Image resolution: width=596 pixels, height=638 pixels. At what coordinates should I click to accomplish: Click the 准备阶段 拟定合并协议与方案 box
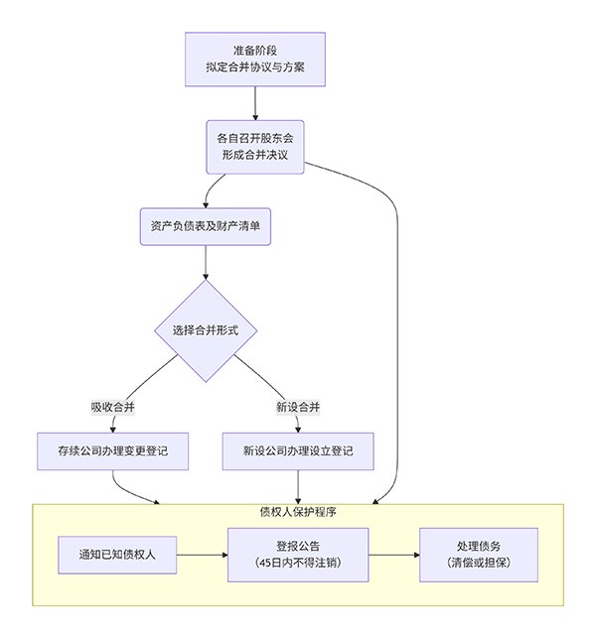(255, 60)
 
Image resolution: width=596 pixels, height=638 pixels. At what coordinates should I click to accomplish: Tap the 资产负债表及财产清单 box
(205, 226)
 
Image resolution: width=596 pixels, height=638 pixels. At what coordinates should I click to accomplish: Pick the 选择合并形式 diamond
(207, 330)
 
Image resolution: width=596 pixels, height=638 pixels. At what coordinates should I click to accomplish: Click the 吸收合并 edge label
(113, 407)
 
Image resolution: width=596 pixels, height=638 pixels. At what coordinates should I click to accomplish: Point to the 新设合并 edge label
(298, 407)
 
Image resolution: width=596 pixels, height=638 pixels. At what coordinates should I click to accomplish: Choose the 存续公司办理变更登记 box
(114, 450)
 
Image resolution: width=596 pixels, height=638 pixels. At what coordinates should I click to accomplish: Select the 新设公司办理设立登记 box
(298, 450)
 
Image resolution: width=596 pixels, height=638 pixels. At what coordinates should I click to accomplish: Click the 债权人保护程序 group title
(298, 513)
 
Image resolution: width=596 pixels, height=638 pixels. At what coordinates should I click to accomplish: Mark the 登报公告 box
(298, 555)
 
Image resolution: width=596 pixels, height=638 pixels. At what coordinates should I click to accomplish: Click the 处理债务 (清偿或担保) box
(479, 555)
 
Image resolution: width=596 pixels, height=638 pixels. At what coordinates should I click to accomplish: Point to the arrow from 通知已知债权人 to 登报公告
(204, 555)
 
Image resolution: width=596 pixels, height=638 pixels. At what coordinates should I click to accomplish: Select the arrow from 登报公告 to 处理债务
(393, 555)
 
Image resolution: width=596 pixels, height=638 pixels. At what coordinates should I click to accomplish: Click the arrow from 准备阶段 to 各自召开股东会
(255, 103)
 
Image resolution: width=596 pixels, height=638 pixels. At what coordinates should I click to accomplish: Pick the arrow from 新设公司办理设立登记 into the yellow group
(298, 486)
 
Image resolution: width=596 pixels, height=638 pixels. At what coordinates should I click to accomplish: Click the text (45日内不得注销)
(298, 565)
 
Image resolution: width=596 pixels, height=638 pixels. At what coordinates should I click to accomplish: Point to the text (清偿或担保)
(479, 565)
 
